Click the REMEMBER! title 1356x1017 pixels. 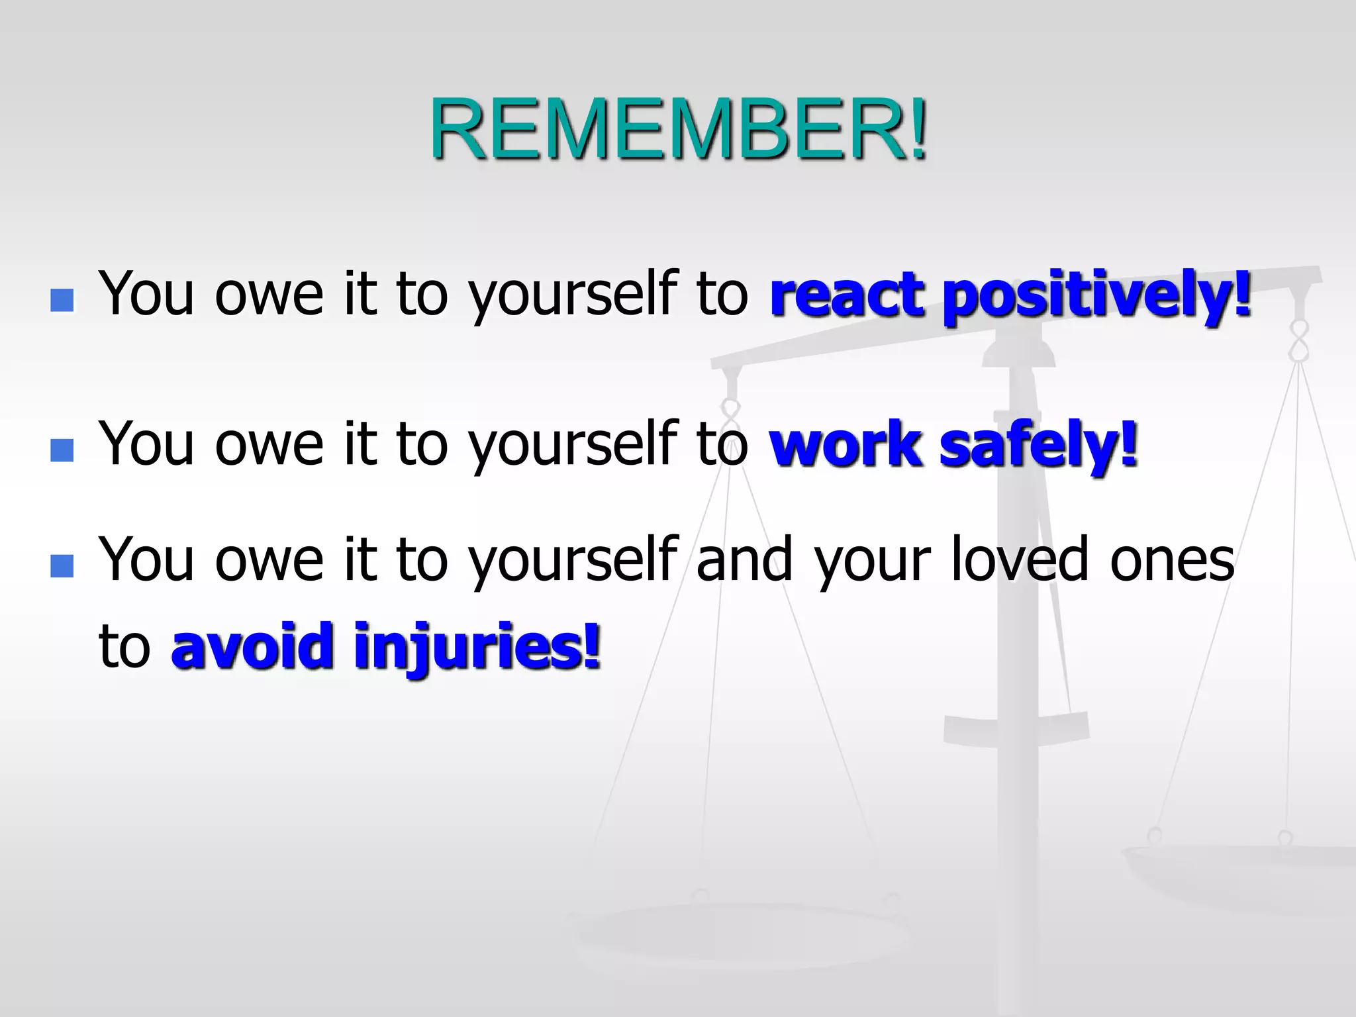coord(678,129)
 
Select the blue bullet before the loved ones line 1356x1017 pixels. coord(62,566)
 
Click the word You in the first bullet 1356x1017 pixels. coord(146,295)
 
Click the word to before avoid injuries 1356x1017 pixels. coord(124,647)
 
